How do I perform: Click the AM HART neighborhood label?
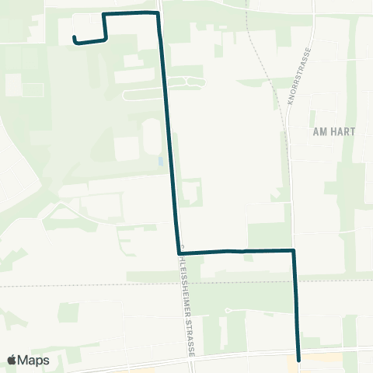(333, 131)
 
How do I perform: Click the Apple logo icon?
(12, 360)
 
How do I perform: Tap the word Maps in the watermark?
(34, 360)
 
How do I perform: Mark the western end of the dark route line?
(74, 38)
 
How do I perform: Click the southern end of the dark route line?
(298, 350)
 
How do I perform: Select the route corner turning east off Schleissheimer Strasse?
(179, 252)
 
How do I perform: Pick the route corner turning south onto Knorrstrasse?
(294, 250)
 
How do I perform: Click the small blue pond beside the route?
(160, 162)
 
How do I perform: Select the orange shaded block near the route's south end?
(298, 363)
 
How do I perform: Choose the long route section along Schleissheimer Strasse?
(169, 132)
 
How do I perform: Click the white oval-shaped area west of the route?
(148, 136)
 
